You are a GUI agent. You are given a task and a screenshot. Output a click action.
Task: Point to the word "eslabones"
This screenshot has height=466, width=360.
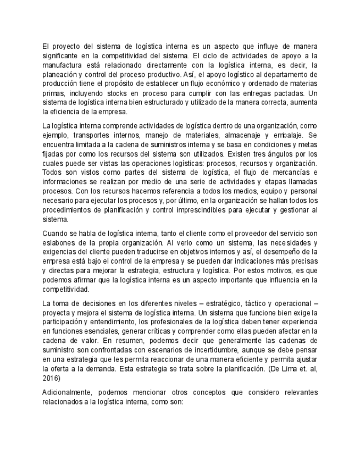click(x=59, y=242)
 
